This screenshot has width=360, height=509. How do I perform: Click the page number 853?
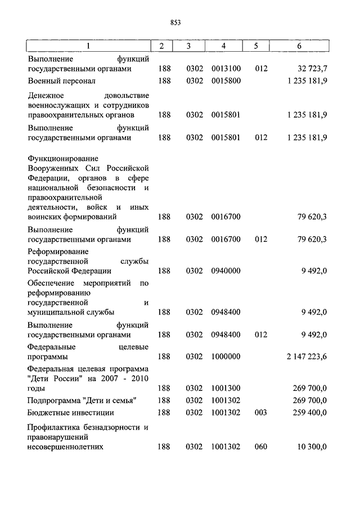174,22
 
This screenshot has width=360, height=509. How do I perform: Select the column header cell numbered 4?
224,46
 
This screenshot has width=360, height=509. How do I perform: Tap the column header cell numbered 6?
299,46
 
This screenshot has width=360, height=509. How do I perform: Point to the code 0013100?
226,69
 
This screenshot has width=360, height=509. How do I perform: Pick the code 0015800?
226,81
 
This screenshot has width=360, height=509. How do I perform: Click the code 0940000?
226,271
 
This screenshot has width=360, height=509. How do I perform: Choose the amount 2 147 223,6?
307,357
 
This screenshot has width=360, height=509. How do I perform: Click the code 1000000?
226,357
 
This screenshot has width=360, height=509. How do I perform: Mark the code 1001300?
226,388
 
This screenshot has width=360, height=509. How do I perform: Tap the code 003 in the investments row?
261,412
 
